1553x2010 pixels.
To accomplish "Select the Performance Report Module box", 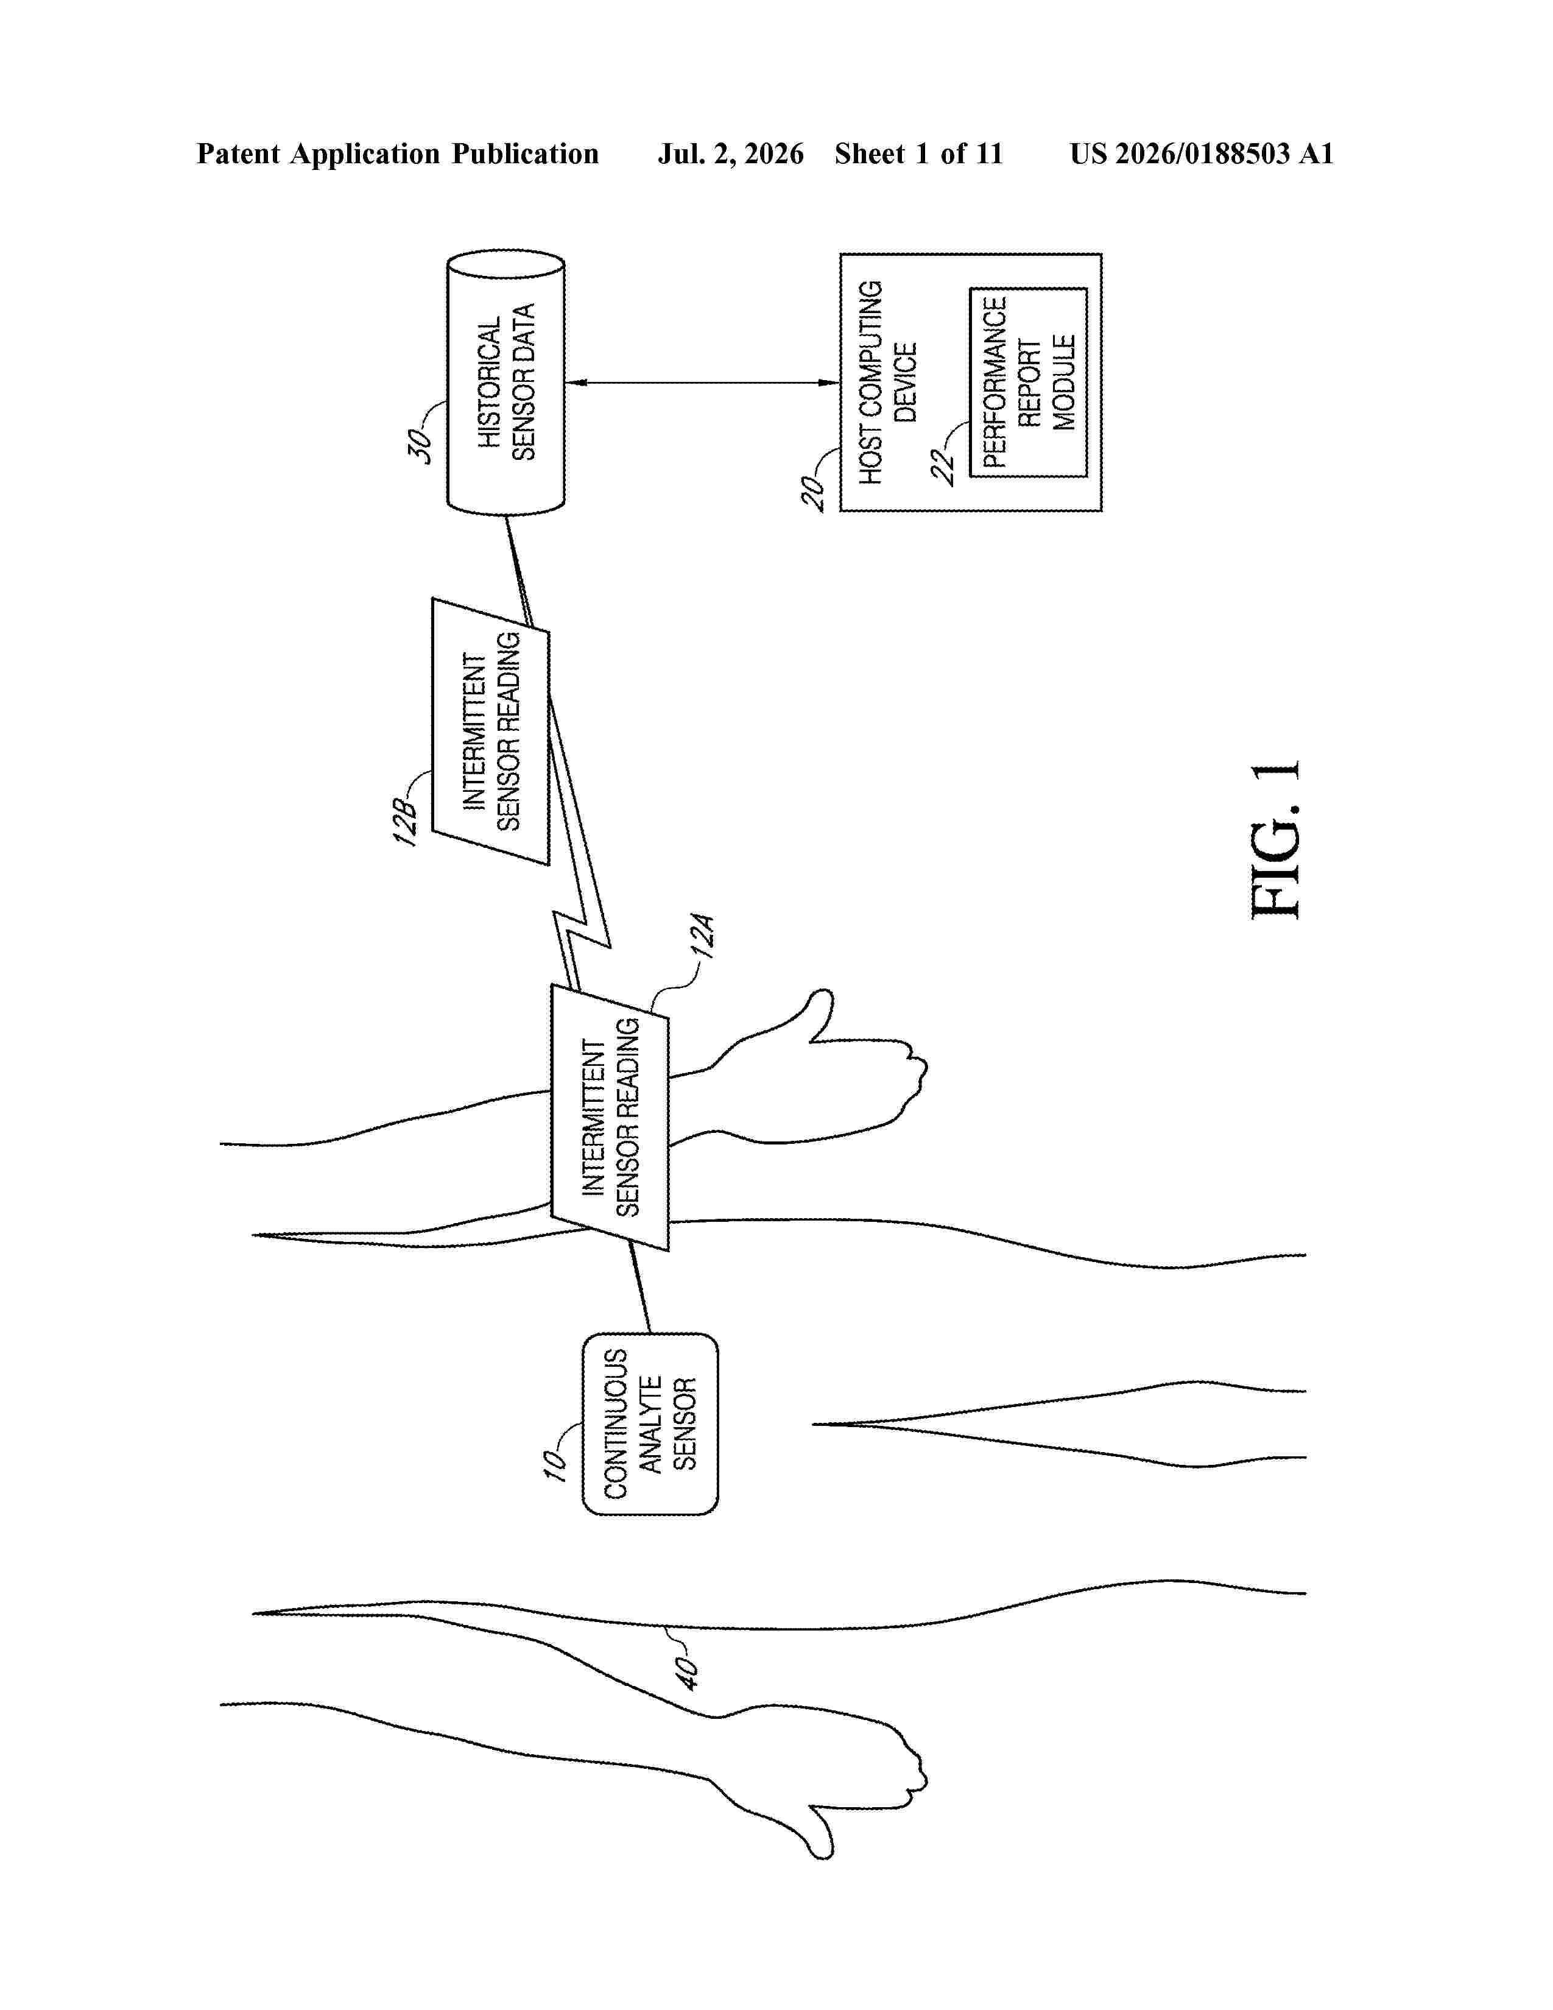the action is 1029,382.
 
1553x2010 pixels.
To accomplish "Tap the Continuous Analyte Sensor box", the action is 650,1424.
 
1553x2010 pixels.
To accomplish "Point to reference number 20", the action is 813,492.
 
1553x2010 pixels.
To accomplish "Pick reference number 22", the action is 943,466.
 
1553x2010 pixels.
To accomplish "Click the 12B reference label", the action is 406,822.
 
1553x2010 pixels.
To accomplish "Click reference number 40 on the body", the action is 687,1672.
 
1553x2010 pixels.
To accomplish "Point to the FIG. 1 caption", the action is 1276,839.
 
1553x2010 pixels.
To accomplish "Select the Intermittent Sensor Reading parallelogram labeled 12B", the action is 490,732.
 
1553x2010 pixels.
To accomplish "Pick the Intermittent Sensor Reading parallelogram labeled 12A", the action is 610,1117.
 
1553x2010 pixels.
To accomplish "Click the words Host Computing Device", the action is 888,382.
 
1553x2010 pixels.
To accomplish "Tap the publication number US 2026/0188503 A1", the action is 1202,153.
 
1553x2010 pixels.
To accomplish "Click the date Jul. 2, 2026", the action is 730,153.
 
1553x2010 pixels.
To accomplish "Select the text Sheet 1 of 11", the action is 918,153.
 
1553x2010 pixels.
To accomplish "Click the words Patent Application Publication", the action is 398,153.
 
